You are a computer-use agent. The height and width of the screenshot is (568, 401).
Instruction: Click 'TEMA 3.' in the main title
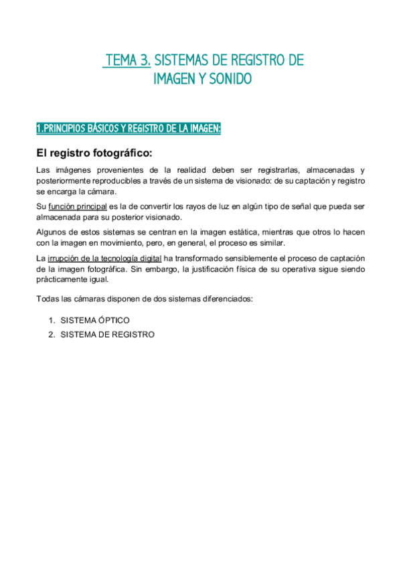tap(127, 61)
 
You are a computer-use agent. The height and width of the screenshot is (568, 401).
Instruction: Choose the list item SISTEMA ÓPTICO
tap(95, 321)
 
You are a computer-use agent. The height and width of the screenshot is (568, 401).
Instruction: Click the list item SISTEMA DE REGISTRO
tap(107, 334)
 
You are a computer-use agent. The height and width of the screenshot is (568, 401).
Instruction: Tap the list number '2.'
tap(51, 334)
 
